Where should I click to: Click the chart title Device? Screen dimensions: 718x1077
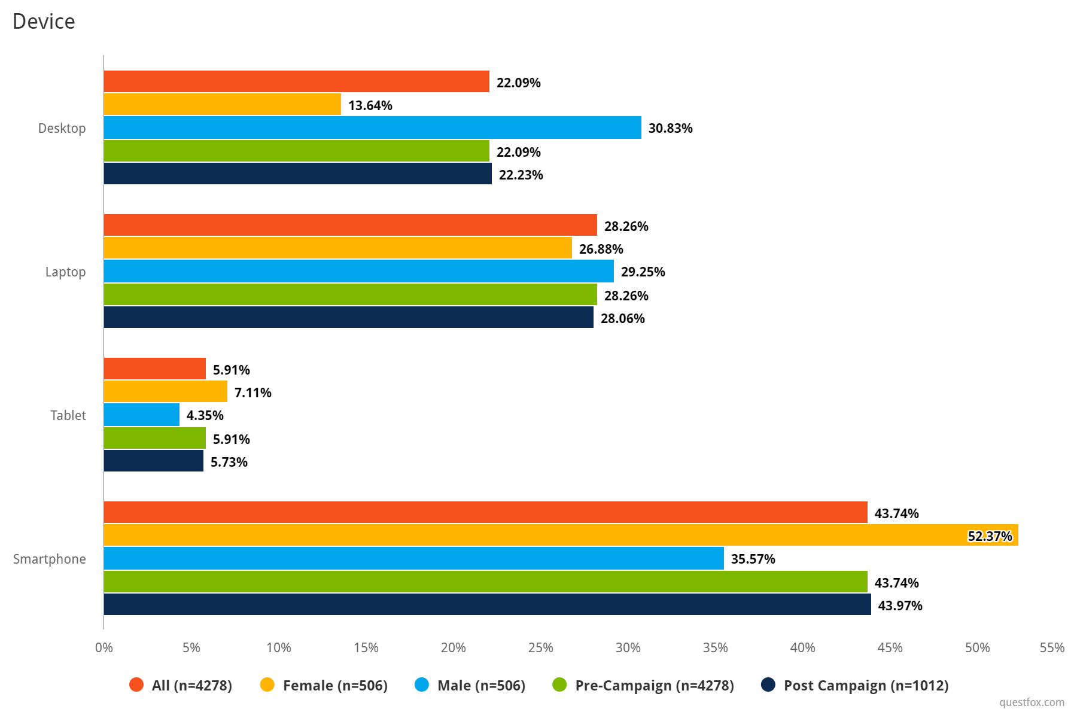pos(44,22)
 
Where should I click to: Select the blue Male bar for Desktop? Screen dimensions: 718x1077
pos(372,127)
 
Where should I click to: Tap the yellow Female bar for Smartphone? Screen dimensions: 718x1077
pos(561,535)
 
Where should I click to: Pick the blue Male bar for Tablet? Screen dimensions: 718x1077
pos(142,415)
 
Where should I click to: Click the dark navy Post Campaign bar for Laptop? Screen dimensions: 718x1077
pos(349,317)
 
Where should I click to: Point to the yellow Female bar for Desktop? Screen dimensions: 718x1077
pos(223,104)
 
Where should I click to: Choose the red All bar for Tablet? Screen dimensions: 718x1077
pos(155,369)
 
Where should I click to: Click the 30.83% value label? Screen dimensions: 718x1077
pos(670,128)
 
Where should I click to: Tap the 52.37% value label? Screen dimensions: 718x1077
pos(990,536)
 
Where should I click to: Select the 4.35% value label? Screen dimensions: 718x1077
pos(205,415)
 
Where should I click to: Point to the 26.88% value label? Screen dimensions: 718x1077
pos(601,249)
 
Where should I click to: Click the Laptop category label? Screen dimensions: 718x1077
pos(65,272)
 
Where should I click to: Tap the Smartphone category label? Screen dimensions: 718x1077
pos(50,559)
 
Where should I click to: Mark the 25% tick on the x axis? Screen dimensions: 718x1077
pos(540,647)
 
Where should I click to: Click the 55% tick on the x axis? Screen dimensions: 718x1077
pos(1052,647)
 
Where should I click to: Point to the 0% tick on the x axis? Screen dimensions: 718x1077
pos(104,647)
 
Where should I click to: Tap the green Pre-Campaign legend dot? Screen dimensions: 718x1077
pos(560,684)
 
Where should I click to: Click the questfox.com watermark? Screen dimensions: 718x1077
pos(1032,702)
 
